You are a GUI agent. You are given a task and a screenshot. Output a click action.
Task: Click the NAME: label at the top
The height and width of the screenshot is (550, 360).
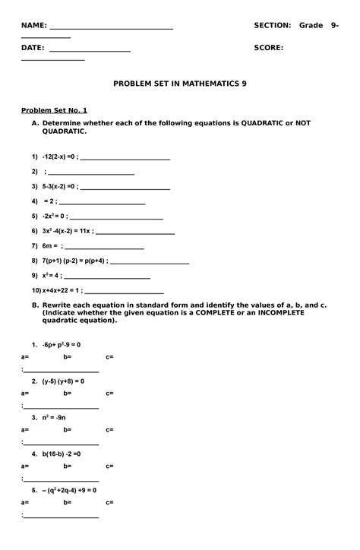click(33, 26)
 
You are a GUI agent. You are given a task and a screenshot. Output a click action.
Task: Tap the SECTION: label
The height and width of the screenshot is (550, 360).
click(272, 26)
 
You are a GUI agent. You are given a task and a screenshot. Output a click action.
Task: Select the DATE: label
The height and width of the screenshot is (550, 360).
click(33, 47)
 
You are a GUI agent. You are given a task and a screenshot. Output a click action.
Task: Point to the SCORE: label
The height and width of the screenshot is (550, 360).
click(269, 47)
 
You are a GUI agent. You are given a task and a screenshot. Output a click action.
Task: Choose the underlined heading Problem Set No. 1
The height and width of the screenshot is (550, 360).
click(54, 109)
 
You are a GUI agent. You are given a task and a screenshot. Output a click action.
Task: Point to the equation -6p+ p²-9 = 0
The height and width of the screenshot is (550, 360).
click(62, 344)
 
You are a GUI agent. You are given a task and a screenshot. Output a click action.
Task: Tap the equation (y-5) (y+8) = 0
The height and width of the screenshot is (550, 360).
click(63, 381)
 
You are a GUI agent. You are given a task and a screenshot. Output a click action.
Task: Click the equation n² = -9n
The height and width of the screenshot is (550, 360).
click(55, 417)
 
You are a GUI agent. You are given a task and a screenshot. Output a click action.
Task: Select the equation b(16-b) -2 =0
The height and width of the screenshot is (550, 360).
click(62, 454)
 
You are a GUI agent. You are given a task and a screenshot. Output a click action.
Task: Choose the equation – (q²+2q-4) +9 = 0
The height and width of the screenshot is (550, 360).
click(69, 490)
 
